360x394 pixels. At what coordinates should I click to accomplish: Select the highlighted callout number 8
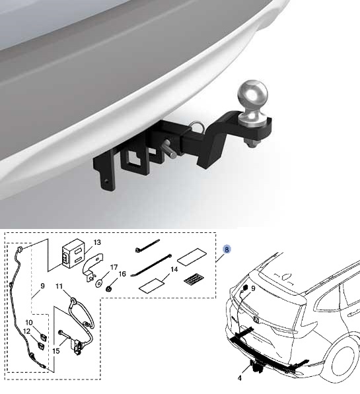(x=227, y=249)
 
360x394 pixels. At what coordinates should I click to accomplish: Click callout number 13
(x=97, y=242)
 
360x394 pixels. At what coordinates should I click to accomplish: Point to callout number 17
(x=114, y=267)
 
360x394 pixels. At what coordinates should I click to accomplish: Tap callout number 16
(x=122, y=274)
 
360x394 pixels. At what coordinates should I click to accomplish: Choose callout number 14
(x=174, y=270)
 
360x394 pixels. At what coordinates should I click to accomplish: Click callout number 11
(x=59, y=286)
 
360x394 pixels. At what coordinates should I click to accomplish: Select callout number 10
(x=29, y=322)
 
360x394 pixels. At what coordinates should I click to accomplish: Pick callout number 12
(x=27, y=332)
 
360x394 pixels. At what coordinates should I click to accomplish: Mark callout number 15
(x=56, y=351)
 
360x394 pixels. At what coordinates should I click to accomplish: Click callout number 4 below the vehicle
(x=240, y=378)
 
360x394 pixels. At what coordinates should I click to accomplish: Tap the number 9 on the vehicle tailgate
(x=253, y=288)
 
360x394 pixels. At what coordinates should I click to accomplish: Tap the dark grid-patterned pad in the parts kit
(x=194, y=280)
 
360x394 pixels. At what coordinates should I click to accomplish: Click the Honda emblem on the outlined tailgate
(x=255, y=319)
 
